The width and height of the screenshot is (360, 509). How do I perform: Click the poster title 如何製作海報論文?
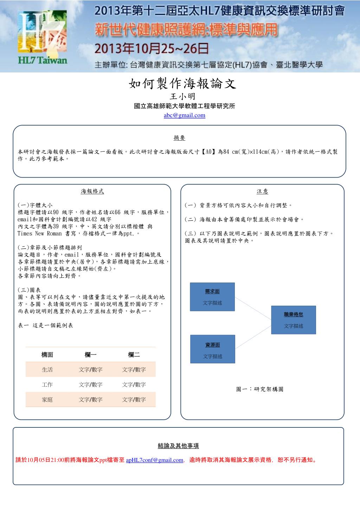tap(182, 84)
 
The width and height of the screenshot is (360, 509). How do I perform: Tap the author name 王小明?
tap(182, 96)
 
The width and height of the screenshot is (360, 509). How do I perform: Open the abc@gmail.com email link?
tap(184, 115)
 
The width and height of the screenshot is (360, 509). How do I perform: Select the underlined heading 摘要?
tap(179, 138)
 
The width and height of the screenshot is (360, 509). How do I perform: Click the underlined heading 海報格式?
tap(92, 191)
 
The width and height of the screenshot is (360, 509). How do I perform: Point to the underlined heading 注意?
tap(262, 191)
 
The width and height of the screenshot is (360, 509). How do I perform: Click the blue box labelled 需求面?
tap(212, 297)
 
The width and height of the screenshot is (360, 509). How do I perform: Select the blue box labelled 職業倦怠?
tap(294, 320)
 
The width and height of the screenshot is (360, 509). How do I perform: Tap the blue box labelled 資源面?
tap(212, 349)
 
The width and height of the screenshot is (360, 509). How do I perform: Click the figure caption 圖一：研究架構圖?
tap(260, 389)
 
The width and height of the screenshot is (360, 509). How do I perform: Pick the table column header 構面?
tap(47, 355)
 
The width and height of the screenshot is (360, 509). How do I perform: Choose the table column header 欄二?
tap(134, 355)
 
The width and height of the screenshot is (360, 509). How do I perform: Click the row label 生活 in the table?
tap(47, 370)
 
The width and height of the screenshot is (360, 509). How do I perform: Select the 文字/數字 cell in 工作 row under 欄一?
tap(91, 385)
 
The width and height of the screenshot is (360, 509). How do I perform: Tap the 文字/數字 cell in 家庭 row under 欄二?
tap(134, 400)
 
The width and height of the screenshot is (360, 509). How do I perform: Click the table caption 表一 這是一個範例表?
tap(45, 325)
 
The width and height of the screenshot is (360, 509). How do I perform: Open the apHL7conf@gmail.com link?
tap(155, 460)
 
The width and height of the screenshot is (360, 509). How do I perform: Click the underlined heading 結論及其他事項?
tap(178, 446)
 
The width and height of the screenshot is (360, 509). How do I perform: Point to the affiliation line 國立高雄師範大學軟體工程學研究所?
tap(184, 106)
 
